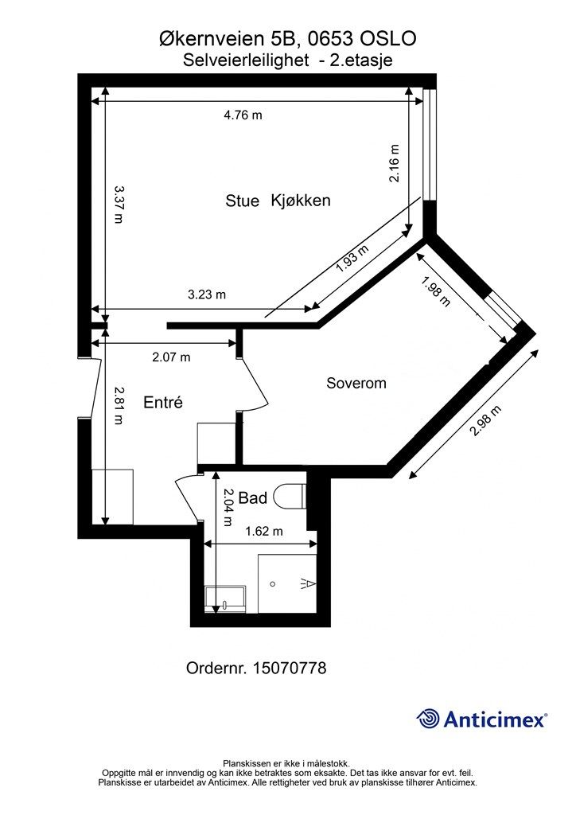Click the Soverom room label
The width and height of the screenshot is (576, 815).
(x=356, y=383)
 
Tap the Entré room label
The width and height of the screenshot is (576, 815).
(x=163, y=402)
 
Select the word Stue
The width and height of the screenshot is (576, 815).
(x=242, y=201)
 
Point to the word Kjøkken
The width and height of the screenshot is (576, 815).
(x=301, y=201)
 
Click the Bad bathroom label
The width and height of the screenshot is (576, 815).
(x=253, y=498)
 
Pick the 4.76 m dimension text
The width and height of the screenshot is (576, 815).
(x=243, y=115)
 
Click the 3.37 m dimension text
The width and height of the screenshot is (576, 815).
(x=119, y=204)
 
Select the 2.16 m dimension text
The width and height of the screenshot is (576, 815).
(x=395, y=162)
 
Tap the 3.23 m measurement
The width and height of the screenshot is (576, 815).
(x=207, y=294)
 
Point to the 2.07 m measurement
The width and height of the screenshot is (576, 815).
(x=171, y=357)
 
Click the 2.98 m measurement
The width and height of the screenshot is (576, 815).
(x=486, y=421)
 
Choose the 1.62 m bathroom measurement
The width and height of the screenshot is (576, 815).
(x=264, y=531)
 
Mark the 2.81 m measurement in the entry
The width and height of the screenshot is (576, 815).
(x=119, y=405)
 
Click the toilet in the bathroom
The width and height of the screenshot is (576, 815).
(x=290, y=497)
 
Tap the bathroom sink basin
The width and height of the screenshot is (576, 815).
(x=225, y=599)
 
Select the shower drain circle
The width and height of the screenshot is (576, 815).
(x=273, y=584)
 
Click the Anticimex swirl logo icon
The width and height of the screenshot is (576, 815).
(x=427, y=719)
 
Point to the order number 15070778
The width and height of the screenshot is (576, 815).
(x=290, y=668)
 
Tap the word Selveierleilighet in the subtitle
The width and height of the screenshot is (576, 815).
(x=246, y=60)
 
